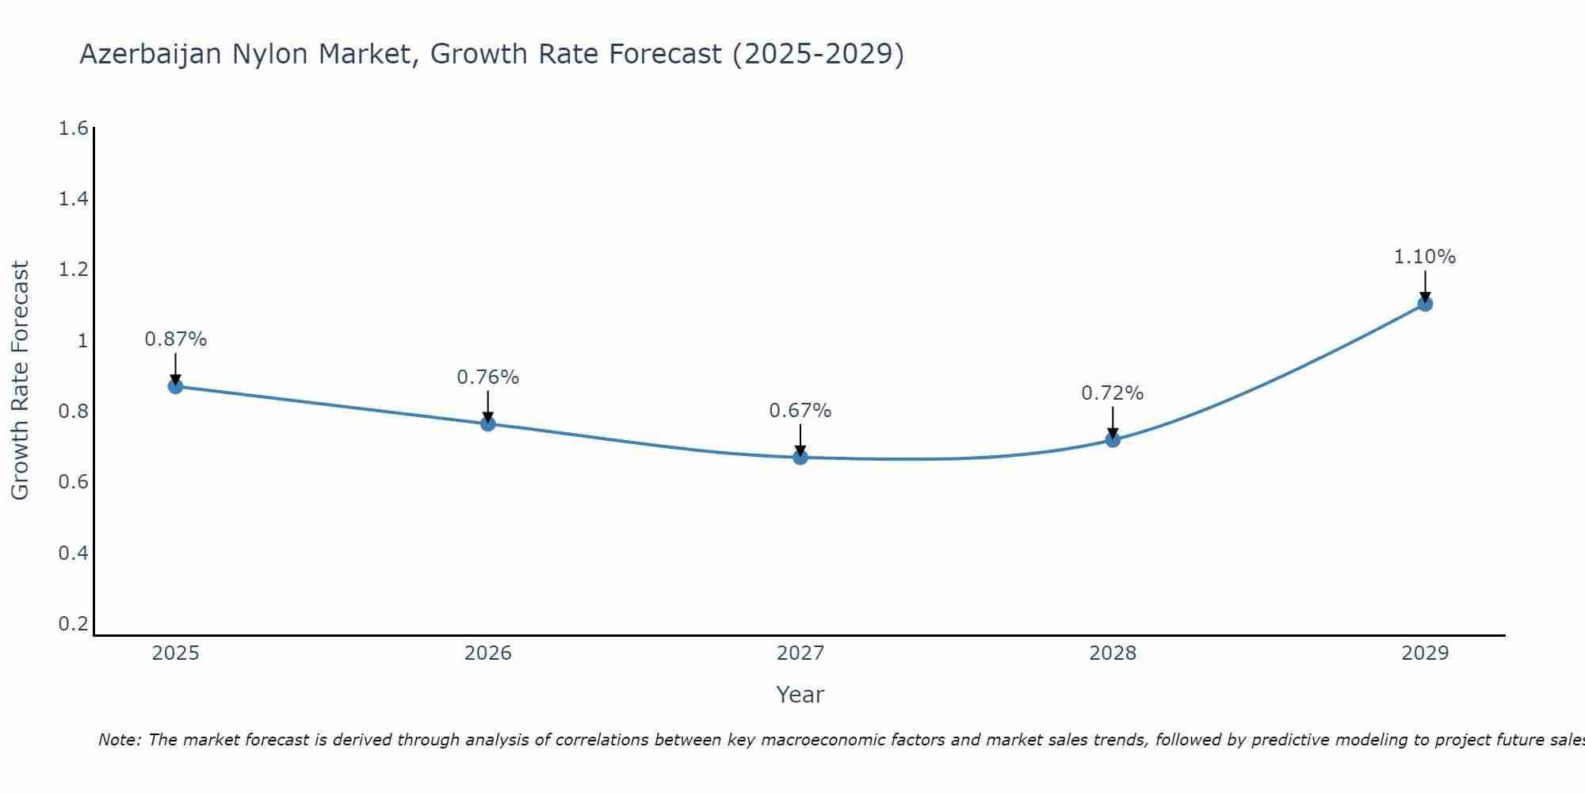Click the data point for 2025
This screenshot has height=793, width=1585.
pyautogui.click(x=175, y=386)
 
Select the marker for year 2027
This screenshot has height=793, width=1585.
pyautogui.click(x=800, y=457)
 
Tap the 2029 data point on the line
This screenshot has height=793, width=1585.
pyautogui.click(x=1425, y=304)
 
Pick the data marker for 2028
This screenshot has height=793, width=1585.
pyautogui.click(x=1113, y=439)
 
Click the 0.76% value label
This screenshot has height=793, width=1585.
pyautogui.click(x=487, y=377)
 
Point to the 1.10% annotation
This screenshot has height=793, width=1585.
pyautogui.click(x=1424, y=257)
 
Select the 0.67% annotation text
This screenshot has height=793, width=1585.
pyautogui.click(x=800, y=411)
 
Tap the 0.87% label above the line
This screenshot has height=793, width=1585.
pyautogui.click(x=175, y=339)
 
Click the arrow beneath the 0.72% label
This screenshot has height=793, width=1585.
pyautogui.click(x=1113, y=422)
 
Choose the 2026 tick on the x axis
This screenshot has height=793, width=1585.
pyautogui.click(x=487, y=653)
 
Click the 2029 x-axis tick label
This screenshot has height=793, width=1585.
pyautogui.click(x=1424, y=653)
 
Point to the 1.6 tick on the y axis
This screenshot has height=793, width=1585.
pyautogui.click(x=73, y=128)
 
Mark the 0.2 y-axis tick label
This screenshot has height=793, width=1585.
pyautogui.click(x=73, y=624)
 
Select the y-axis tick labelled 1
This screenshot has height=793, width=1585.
pyautogui.click(x=82, y=341)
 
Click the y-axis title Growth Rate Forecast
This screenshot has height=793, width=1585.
pyautogui.click(x=20, y=381)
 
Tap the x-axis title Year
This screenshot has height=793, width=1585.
pyautogui.click(x=800, y=695)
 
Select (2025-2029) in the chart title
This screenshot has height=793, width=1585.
pyautogui.click(x=818, y=54)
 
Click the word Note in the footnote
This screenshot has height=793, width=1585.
pyautogui.click(x=118, y=740)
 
